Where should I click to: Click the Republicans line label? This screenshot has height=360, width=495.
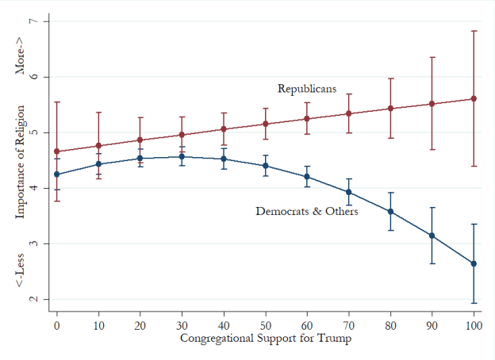point(306,89)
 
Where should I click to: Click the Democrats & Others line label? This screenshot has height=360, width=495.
point(306,212)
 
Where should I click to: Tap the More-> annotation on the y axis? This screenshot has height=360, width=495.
point(21,58)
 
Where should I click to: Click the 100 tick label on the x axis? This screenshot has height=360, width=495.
point(474,325)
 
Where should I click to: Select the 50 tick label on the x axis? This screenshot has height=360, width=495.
point(265,325)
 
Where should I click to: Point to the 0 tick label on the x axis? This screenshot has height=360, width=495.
point(56,325)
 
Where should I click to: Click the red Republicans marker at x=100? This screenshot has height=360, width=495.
point(474,98)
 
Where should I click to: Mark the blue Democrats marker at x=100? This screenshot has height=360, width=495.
point(474,263)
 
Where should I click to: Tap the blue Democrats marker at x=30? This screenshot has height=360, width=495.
point(182,156)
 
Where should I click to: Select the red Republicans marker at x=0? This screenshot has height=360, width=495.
point(56,151)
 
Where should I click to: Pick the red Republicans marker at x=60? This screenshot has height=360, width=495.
point(307,119)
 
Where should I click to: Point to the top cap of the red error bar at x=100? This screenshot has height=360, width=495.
point(474,31)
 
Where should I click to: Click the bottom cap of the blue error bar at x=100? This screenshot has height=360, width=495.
point(474,303)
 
